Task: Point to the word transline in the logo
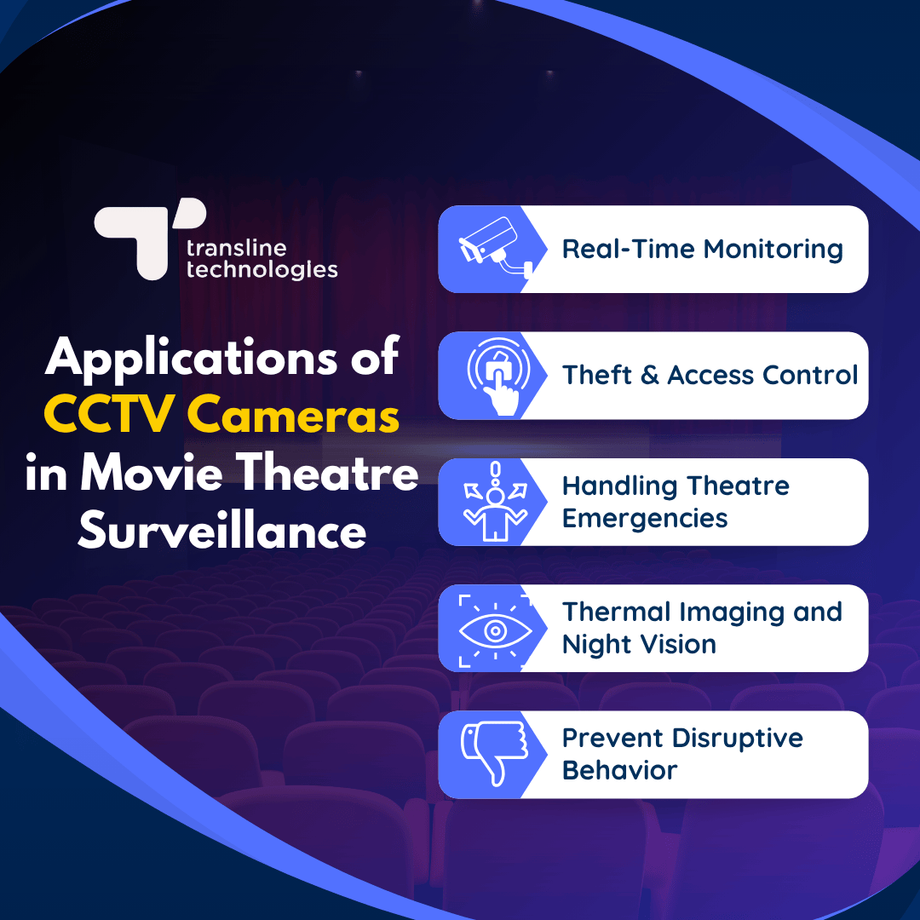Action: click(236, 250)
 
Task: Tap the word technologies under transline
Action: click(262, 270)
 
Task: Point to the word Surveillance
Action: click(221, 532)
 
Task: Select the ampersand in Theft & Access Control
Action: click(650, 375)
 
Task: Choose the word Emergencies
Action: click(645, 518)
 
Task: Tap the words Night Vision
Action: click(639, 644)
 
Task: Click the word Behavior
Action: click(619, 770)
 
